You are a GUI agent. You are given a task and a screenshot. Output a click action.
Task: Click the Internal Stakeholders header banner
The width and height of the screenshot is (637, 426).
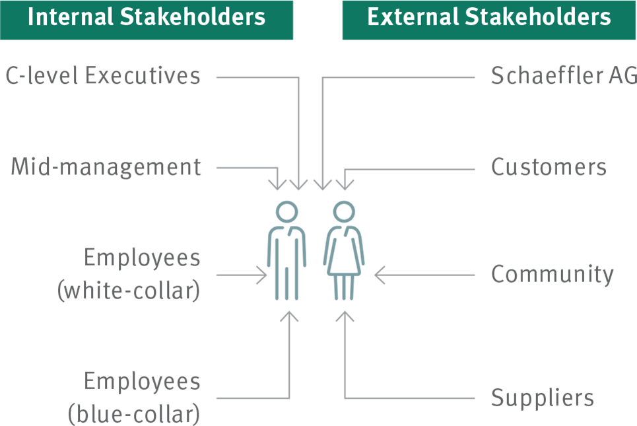pos(147,20)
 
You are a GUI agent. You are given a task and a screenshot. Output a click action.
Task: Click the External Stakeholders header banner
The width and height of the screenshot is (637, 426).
pos(489,20)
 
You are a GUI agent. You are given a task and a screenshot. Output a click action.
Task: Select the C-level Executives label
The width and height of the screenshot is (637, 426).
pos(103,75)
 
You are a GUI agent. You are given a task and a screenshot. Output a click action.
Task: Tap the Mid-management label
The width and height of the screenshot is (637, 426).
pos(106,167)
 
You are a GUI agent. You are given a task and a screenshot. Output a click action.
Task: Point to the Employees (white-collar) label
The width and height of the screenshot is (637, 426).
pos(129,274)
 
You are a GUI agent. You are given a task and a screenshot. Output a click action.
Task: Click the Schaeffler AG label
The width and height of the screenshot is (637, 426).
pos(564,75)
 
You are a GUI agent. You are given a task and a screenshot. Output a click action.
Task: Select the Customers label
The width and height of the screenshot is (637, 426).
pos(549,167)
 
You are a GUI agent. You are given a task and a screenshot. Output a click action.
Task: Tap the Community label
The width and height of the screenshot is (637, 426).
pos(553,274)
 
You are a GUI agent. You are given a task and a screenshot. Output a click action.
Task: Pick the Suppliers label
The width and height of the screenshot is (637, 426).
pos(543,397)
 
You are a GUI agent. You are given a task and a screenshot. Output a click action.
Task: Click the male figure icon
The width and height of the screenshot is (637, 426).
pos(286,250)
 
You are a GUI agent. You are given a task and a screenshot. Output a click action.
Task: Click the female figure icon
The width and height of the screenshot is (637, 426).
pos(344,250)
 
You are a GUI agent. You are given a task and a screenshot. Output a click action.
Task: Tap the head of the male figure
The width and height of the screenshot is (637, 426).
pos(286,212)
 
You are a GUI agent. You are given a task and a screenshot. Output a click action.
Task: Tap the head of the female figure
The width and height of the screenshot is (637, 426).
pos(344,212)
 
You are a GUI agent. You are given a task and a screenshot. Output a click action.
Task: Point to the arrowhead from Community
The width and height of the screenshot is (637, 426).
pos(380,275)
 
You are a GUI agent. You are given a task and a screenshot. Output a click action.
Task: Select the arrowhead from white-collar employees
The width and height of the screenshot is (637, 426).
pos(262,275)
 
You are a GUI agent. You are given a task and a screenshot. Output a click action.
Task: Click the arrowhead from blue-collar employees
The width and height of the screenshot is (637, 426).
pos(289,316)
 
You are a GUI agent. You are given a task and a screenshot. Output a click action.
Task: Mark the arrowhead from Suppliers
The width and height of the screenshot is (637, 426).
pos(345,316)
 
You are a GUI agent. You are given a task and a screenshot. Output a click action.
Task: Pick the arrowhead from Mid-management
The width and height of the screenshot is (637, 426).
pos(277,185)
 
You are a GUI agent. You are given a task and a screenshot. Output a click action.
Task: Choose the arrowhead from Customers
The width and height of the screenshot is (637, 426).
pos(345,185)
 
